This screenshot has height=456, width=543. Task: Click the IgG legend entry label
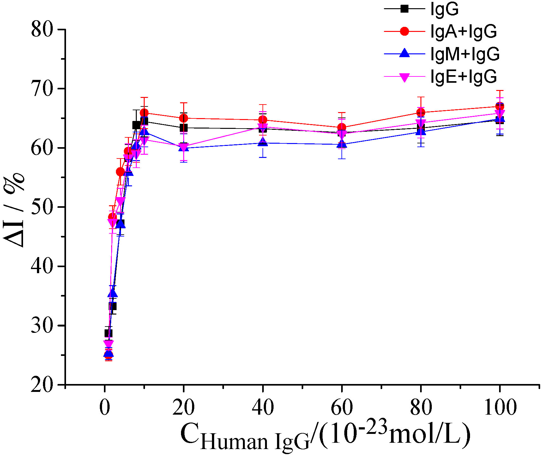[444, 9]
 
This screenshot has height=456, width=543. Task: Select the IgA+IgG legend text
[463, 31]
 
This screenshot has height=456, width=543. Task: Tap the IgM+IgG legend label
[465, 54]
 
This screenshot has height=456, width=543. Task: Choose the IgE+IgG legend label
[463, 76]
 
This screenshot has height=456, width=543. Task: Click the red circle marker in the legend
[404, 31]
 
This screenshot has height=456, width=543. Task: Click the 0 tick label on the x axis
[105, 407]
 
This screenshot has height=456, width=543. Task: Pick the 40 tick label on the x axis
[262, 407]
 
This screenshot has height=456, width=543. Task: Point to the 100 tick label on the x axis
[500, 407]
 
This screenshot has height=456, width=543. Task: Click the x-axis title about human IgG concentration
[325, 436]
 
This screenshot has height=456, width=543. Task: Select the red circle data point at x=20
[184, 118]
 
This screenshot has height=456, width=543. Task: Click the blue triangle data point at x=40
[262, 142]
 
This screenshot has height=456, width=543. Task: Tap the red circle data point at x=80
[421, 112]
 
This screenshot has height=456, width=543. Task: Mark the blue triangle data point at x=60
[341, 144]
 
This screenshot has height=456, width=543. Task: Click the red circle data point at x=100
[500, 106]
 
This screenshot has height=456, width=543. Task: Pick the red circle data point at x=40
[262, 120]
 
